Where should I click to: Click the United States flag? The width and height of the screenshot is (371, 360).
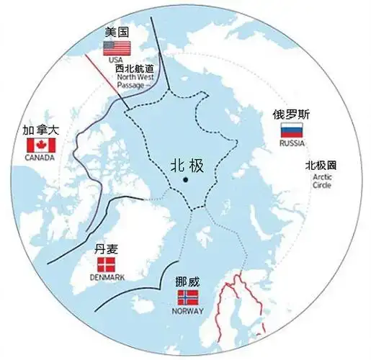click(x=117, y=48)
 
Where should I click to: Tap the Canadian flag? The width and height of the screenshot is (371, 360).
click(x=40, y=145)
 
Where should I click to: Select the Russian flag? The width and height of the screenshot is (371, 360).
click(x=291, y=130)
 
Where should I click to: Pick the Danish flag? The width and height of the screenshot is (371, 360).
click(x=107, y=264)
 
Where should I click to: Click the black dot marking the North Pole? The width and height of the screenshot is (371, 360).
click(x=185, y=179)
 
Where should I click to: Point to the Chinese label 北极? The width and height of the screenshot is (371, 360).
click(x=187, y=165)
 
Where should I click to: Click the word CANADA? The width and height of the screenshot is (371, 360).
click(x=40, y=158)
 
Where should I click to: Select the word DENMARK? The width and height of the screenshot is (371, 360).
click(x=107, y=277)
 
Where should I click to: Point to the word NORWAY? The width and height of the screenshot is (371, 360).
click(x=189, y=311)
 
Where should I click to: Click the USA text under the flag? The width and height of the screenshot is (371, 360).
click(x=117, y=60)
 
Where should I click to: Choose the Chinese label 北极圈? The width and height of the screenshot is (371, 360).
click(x=321, y=165)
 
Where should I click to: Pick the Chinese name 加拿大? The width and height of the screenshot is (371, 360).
click(x=40, y=130)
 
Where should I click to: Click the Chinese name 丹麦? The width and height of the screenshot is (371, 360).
click(x=107, y=250)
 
